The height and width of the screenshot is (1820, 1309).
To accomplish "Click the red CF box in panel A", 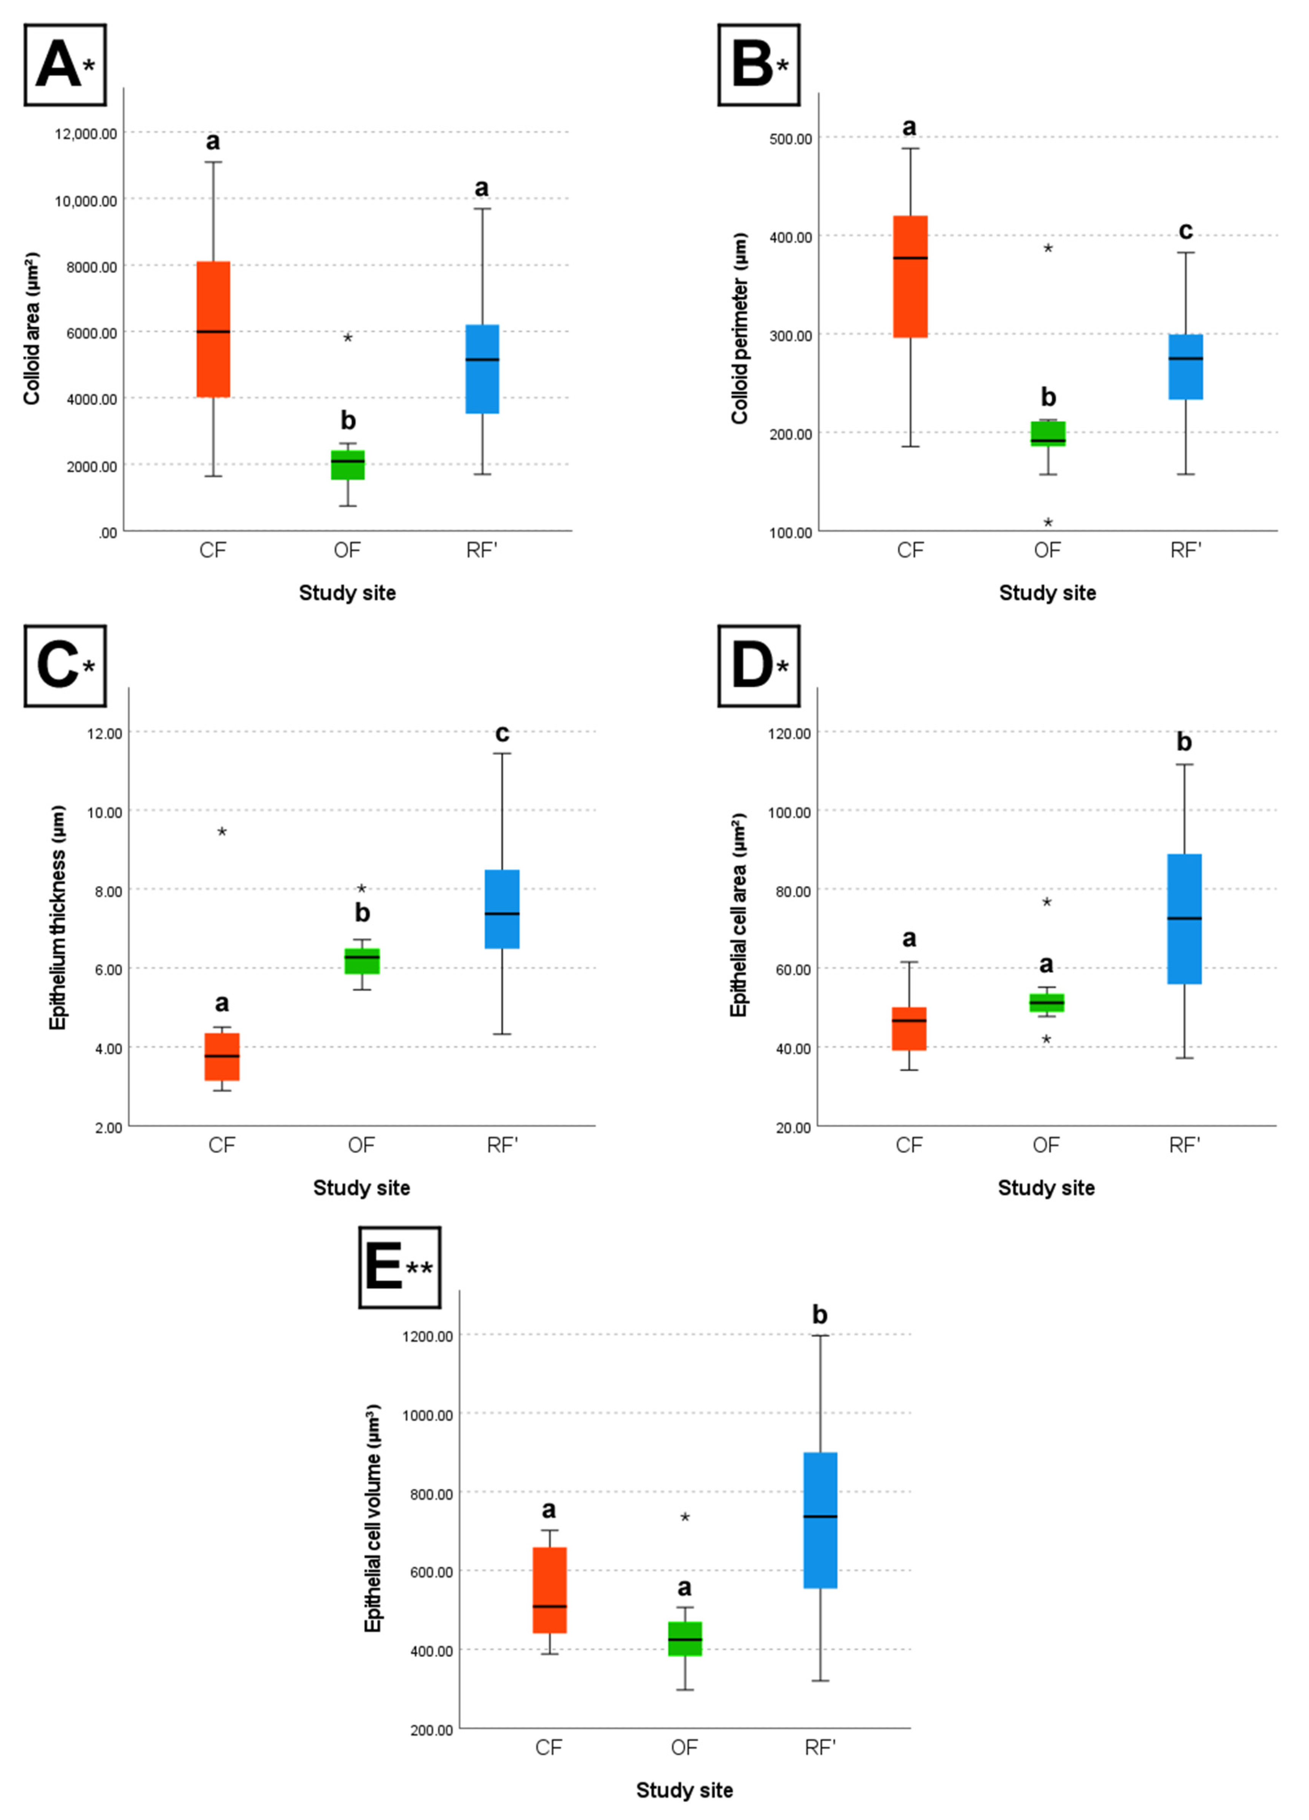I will coord(213,329).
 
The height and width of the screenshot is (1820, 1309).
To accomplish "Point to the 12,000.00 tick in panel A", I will coord(86,133).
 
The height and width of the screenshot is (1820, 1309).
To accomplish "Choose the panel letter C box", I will coord(65,666).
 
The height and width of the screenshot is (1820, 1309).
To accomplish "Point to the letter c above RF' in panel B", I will coord(1185,231).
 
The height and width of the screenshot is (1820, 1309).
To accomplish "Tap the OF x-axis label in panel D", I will coord(1046,1145).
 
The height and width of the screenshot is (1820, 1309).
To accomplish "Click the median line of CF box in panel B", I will coord(910,257).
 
